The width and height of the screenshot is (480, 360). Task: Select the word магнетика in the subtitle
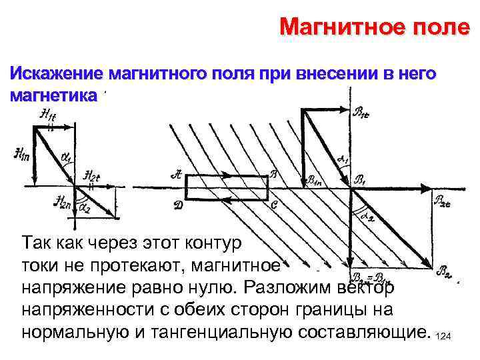pos(53,95)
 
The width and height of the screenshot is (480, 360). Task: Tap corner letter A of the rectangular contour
pos(176,175)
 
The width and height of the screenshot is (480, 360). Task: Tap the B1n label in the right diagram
pos(315,179)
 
